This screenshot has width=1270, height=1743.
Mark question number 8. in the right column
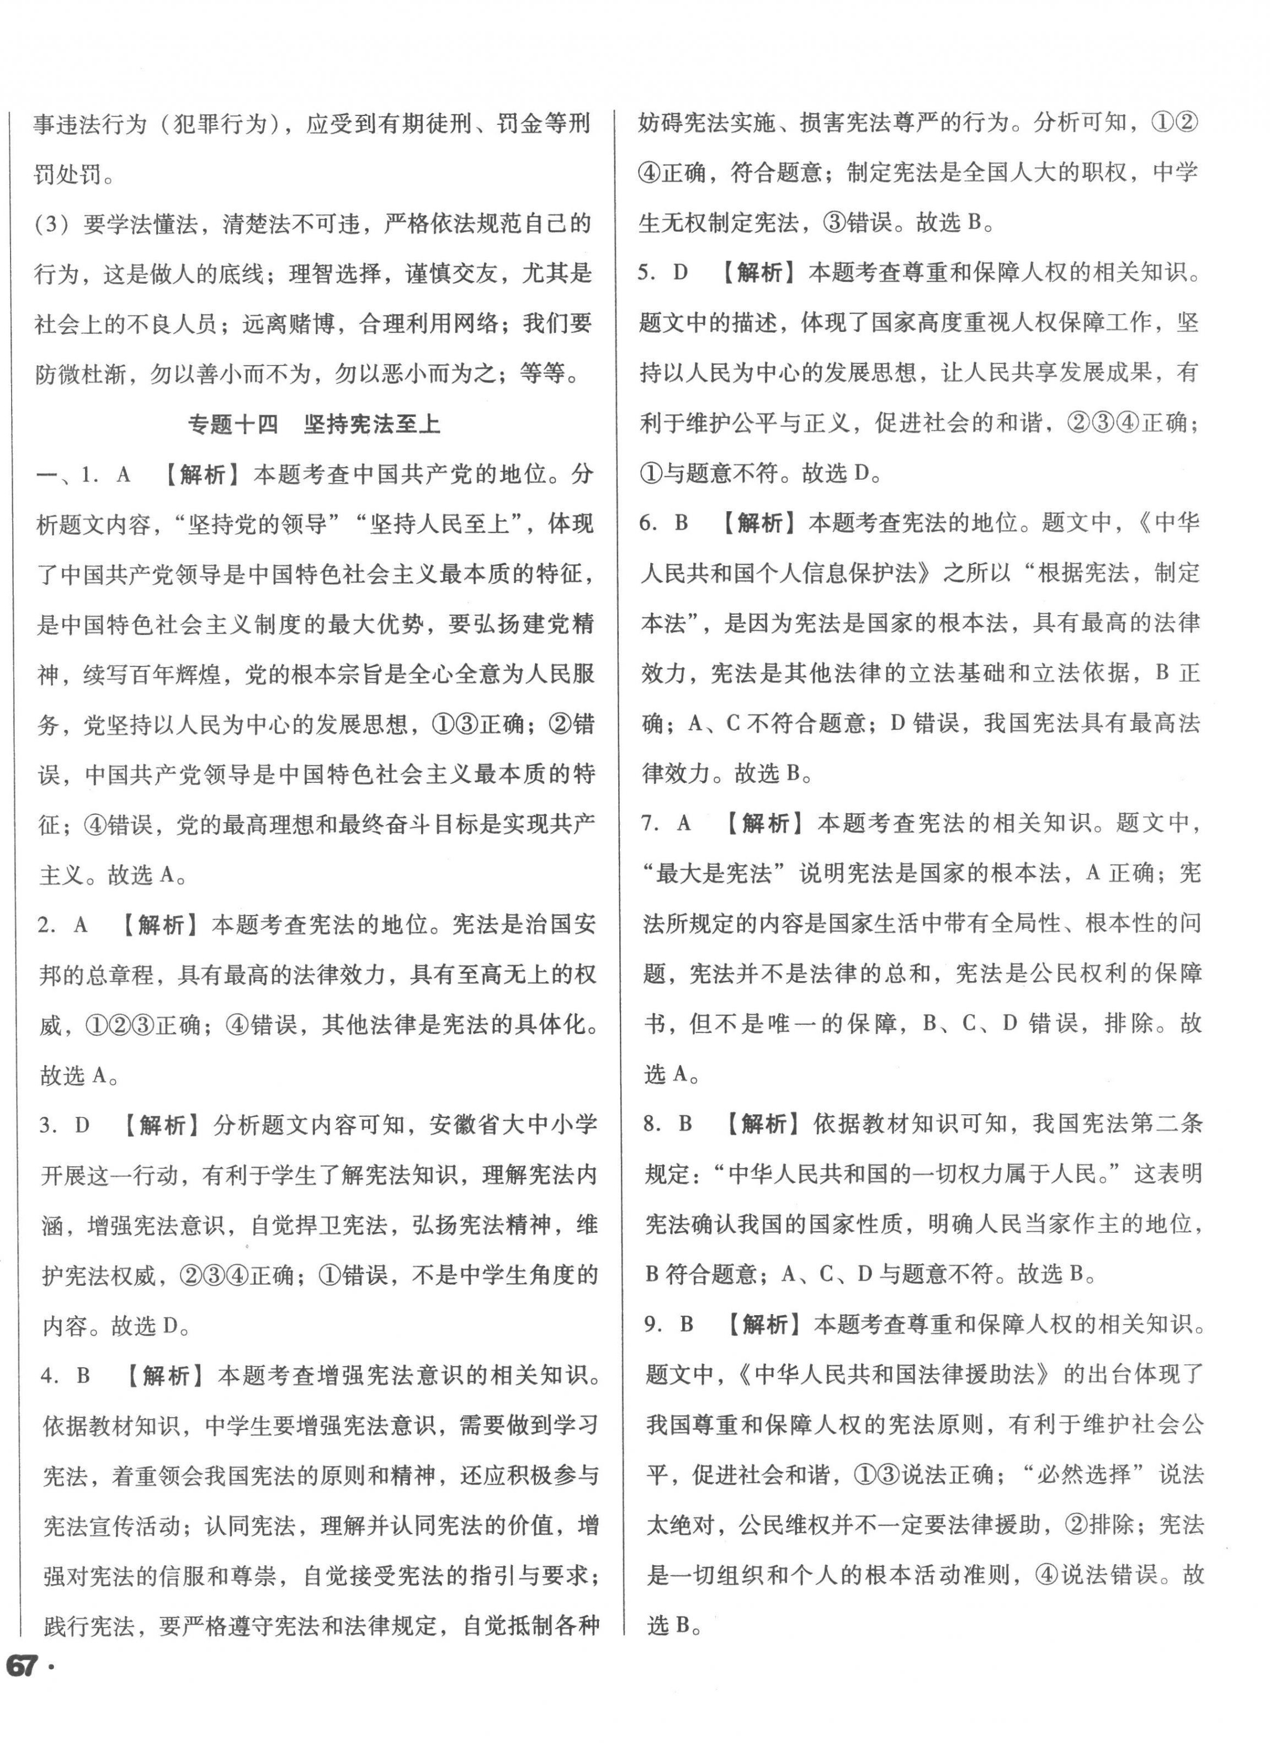(652, 1124)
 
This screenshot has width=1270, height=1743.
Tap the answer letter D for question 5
(681, 272)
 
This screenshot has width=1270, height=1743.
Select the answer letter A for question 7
(683, 823)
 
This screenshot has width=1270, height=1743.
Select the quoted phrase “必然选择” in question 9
(1083, 1475)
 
